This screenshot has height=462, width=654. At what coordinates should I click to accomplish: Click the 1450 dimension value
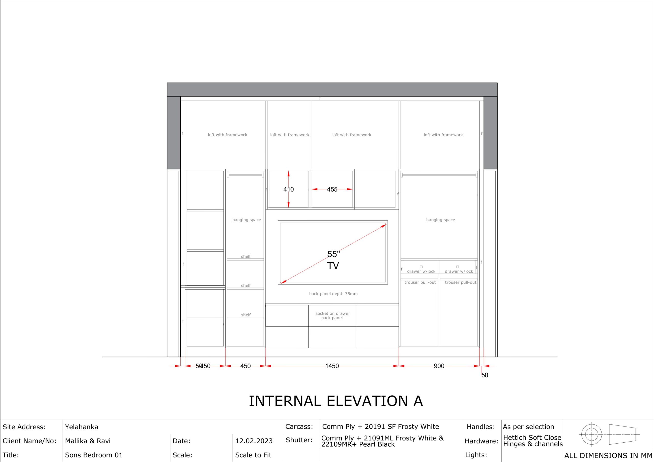tap(332, 366)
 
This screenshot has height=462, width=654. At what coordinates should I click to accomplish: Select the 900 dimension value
tap(439, 366)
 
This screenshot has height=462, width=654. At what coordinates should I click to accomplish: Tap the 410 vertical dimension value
tap(288, 189)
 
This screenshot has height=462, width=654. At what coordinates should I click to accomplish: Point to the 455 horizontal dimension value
tap(332, 189)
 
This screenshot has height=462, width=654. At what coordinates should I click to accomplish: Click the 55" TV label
tap(333, 260)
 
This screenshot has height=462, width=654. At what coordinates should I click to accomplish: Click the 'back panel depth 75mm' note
tap(333, 294)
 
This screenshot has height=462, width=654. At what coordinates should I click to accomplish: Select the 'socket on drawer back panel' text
tap(332, 316)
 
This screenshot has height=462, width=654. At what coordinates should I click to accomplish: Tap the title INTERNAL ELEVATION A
tap(336, 401)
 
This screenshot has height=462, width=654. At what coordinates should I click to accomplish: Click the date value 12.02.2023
tap(254, 441)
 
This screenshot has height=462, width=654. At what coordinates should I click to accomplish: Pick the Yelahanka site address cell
tap(81, 427)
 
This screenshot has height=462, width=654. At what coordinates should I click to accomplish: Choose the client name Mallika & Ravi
tap(88, 441)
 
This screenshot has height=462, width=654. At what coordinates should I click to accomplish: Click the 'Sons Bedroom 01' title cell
tap(94, 455)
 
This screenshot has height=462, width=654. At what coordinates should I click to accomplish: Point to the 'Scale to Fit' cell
tap(253, 455)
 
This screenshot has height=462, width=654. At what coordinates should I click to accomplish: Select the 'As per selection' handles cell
tap(528, 427)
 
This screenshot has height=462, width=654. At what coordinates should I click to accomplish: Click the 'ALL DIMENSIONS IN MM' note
tap(608, 455)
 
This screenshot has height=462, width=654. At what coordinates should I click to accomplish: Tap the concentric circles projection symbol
tap(591, 435)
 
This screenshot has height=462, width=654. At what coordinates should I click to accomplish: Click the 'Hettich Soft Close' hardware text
tap(532, 437)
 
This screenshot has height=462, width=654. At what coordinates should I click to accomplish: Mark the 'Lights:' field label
tap(476, 455)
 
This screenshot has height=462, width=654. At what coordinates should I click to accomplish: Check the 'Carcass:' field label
tap(299, 427)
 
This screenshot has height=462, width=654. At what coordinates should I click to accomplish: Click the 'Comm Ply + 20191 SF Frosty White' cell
tap(381, 427)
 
